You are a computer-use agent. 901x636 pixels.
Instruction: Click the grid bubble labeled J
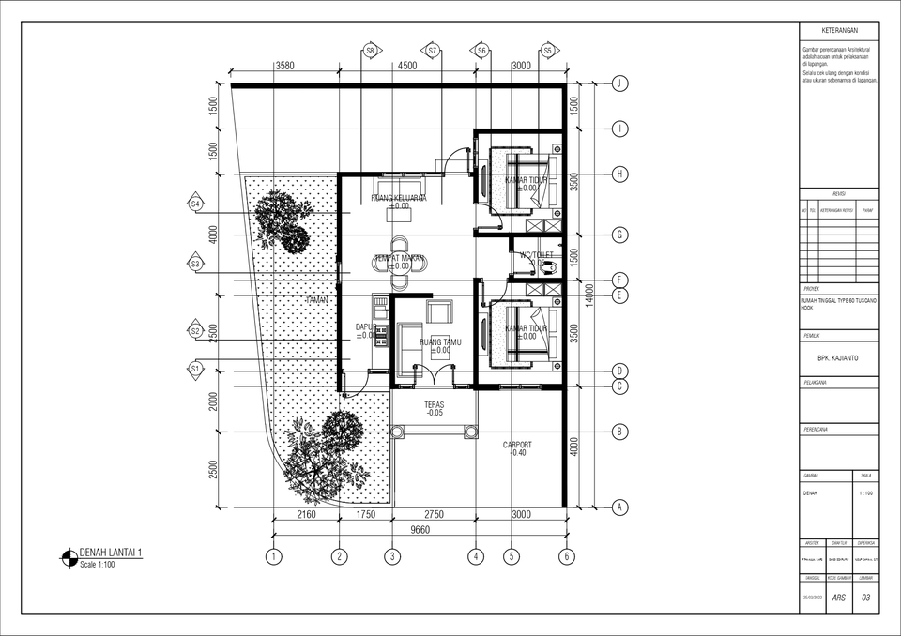point(619,83)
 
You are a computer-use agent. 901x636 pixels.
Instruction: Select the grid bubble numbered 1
point(273,556)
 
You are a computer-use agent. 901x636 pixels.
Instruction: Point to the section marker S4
point(195,204)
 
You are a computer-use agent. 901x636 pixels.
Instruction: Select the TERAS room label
point(435,406)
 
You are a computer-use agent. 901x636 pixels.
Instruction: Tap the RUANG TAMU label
point(442,341)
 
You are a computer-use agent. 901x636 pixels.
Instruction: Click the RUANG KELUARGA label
point(399,198)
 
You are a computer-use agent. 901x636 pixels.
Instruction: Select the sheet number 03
point(865,598)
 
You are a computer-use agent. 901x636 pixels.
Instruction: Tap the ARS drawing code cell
point(838,598)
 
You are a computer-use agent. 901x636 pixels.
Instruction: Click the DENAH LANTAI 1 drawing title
point(111,553)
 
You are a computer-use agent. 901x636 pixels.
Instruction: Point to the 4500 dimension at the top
point(407,66)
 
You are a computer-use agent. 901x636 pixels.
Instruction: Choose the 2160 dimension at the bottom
point(306,514)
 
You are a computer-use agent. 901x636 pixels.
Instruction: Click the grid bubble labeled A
point(619,507)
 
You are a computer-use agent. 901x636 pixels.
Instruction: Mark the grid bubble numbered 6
point(566,556)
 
